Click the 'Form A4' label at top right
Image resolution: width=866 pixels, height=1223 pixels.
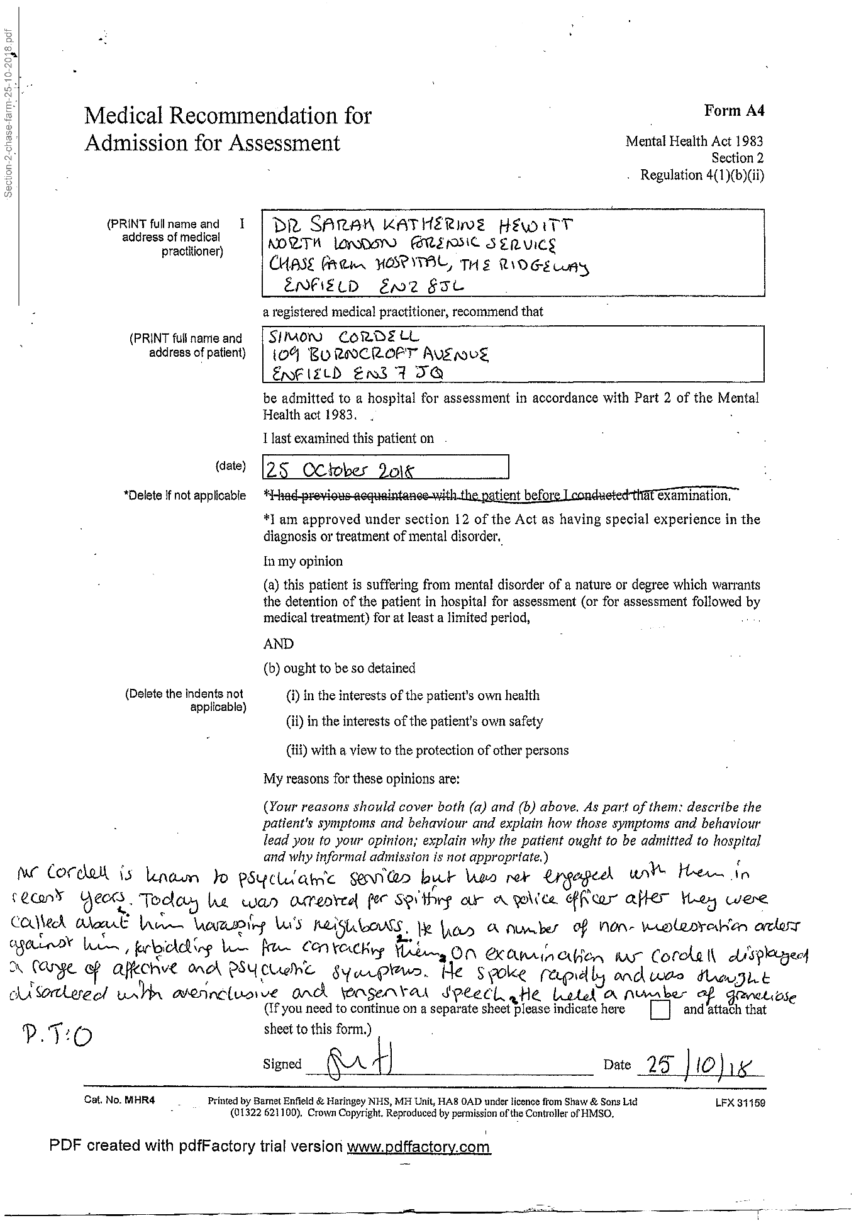[734, 111]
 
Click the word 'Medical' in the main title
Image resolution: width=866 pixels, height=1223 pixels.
[124, 116]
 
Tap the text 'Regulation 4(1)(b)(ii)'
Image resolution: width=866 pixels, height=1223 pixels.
[702, 175]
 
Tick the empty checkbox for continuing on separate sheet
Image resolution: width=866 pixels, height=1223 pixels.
[660, 1010]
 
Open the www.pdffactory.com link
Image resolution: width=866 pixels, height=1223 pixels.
[418, 1146]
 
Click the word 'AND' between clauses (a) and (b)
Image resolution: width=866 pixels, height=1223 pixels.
[278, 644]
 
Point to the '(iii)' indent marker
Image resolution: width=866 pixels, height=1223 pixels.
[297, 751]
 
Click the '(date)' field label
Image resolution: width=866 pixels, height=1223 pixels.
[230, 466]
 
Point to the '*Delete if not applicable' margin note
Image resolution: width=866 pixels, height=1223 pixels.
[185, 496]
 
